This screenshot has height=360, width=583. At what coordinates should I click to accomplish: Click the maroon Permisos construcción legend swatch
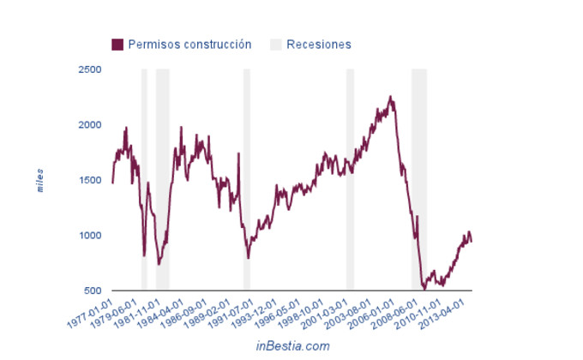click(117, 44)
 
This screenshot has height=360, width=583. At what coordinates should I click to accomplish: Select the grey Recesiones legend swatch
click(275, 44)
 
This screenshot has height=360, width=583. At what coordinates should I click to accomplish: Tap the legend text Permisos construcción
click(189, 44)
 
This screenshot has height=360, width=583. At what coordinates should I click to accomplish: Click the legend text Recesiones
click(319, 44)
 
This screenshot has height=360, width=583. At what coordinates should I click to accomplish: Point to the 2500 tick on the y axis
click(90, 69)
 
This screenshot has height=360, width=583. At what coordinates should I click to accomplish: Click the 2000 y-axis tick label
click(90, 125)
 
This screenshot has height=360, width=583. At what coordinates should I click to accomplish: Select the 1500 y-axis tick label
click(90, 180)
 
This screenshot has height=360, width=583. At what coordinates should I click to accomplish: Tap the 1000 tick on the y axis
click(90, 236)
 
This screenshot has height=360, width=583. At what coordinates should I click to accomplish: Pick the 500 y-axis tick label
click(93, 291)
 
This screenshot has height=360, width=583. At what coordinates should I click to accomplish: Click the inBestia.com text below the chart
click(292, 345)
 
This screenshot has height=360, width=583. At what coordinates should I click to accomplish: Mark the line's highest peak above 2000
click(390, 97)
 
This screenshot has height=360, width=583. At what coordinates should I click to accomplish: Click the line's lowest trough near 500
click(424, 290)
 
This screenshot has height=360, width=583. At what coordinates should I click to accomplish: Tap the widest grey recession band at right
click(418, 180)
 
